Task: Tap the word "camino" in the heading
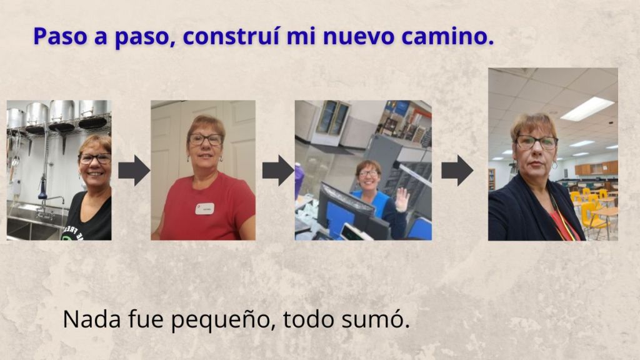(x=444, y=36)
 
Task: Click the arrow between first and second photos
(x=134, y=171)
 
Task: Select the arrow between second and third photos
(x=278, y=171)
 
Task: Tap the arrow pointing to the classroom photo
(x=457, y=171)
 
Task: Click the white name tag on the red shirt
(x=204, y=209)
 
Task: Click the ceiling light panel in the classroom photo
(x=587, y=109)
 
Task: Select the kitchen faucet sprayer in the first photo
(x=42, y=189)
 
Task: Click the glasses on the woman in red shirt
(x=205, y=139)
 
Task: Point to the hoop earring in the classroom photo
(x=554, y=165)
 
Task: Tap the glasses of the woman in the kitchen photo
(x=95, y=159)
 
